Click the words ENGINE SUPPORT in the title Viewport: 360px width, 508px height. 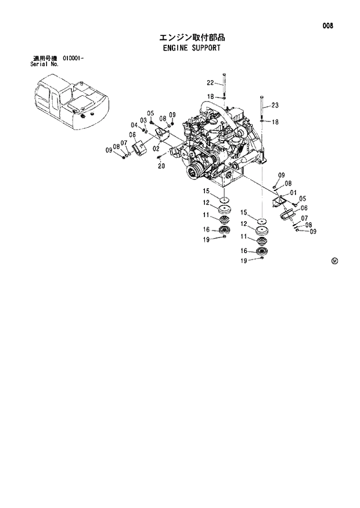[x=192, y=48]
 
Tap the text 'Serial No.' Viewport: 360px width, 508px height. [x=45, y=64]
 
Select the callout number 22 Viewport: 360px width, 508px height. [x=210, y=82]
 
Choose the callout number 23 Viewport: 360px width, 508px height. [x=275, y=105]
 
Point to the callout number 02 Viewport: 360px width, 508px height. [x=156, y=149]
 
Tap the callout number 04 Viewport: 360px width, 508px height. [x=134, y=125]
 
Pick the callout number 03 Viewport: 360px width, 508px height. [x=142, y=120]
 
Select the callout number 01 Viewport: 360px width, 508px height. [x=293, y=193]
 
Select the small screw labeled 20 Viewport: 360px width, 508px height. [x=159, y=157]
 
